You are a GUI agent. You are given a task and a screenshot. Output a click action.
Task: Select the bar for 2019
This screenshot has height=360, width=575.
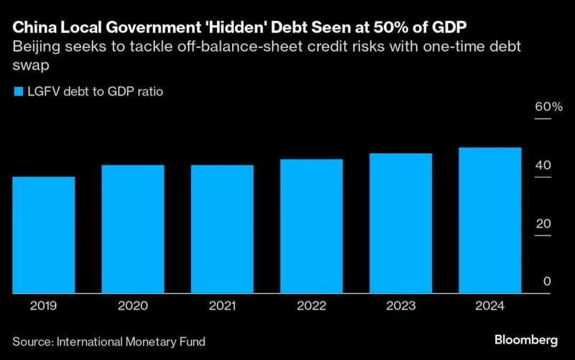click(x=44, y=235)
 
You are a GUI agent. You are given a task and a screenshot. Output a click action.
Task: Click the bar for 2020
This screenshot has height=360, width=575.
click(x=133, y=229)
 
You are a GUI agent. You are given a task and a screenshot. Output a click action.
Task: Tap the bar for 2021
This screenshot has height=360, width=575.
click(x=222, y=229)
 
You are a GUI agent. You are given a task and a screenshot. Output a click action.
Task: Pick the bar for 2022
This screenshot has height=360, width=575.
click(x=311, y=226)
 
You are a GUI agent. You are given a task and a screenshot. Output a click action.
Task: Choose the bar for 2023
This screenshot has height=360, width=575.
click(x=400, y=223)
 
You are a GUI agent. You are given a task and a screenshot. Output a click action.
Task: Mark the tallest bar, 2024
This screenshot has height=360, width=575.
click(x=489, y=221)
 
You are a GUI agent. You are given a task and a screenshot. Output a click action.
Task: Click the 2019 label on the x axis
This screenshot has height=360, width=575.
click(x=44, y=305)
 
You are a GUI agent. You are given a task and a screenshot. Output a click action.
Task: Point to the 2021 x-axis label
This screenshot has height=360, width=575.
click(x=222, y=305)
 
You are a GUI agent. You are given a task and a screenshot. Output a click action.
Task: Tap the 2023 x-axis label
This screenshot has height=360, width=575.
click(x=400, y=305)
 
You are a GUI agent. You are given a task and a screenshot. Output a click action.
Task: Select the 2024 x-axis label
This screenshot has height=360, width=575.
click(x=489, y=305)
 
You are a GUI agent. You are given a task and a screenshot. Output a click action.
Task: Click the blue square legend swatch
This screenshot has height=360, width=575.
click(x=17, y=91)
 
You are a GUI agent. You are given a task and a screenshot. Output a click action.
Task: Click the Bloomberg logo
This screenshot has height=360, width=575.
click(x=528, y=338)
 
